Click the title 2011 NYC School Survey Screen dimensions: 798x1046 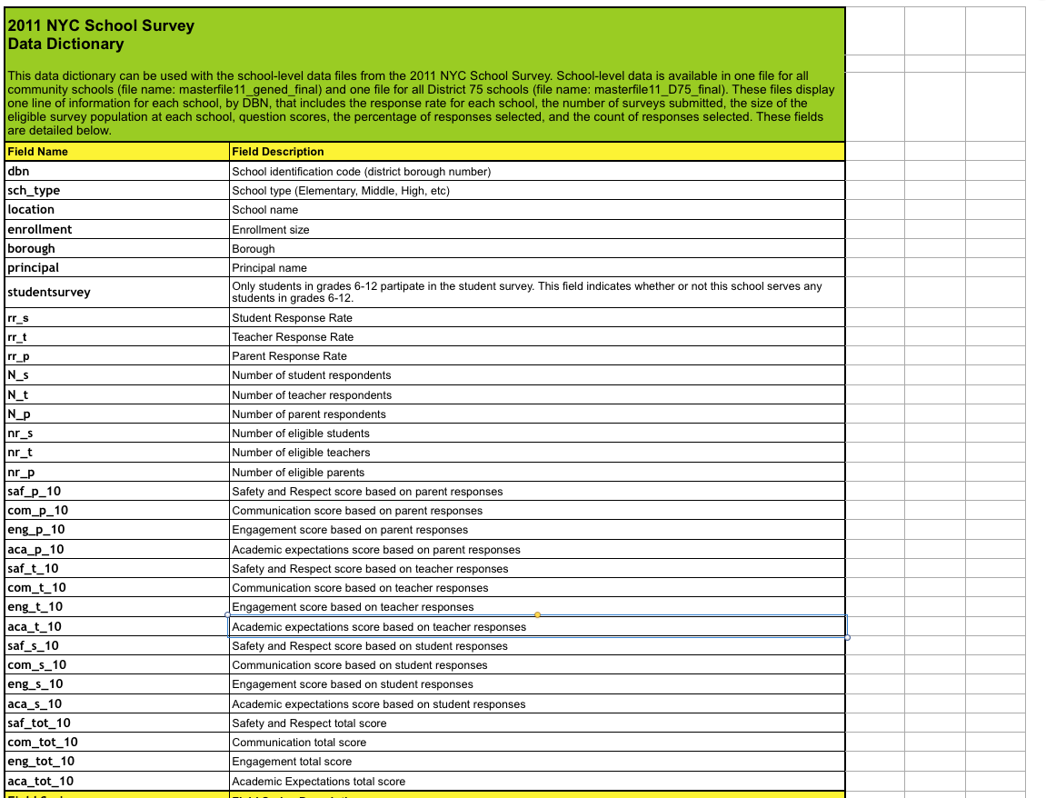click(x=101, y=25)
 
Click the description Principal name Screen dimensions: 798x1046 click(x=270, y=268)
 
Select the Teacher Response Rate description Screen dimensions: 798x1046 click(x=293, y=337)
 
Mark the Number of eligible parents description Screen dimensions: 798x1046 click(x=298, y=473)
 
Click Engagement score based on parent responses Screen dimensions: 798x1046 click(x=350, y=530)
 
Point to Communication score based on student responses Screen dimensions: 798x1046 click(x=359, y=665)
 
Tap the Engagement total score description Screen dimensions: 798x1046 click(x=292, y=762)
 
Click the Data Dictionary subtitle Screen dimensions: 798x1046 click(x=65, y=44)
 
